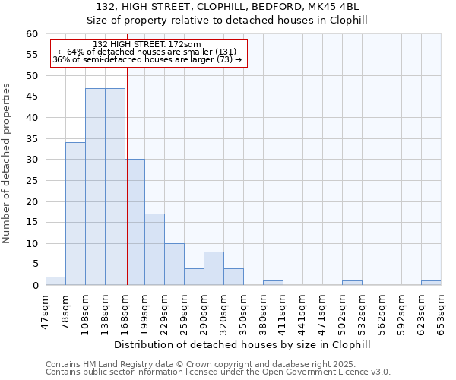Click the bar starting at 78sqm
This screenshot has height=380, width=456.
(x=75, y=214)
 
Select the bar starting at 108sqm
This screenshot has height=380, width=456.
(x=95, y=186)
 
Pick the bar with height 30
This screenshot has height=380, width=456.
(x=135, y=222)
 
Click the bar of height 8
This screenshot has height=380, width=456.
(x=214, y=268)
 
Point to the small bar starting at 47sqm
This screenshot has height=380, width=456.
(x=55, y=281)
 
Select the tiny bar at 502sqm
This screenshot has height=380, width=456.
(x=352, y=283)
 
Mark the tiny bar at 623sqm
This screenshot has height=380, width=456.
(x=431, y=283)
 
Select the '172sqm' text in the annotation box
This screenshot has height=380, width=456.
(x=184, y=45)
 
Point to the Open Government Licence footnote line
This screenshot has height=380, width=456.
(x=218, y=372)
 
